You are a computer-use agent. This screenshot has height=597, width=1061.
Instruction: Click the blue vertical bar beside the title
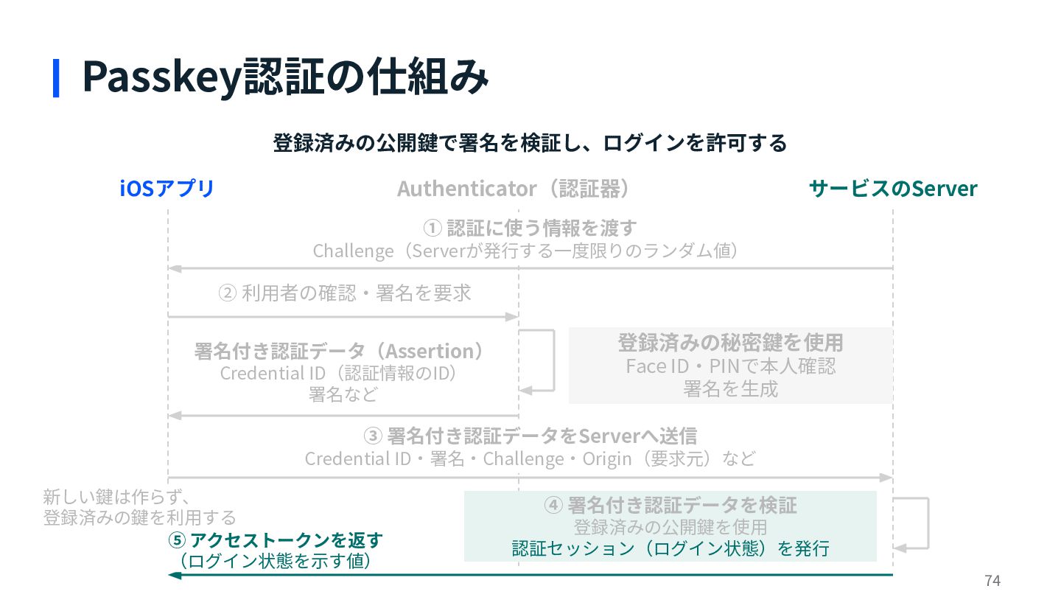(56, 78)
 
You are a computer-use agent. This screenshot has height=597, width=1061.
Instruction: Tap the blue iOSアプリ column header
(167, 189)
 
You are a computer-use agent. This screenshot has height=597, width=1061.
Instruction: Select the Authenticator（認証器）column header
(514, 189)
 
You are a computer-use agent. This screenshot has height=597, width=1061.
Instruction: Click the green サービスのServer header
(893, 189)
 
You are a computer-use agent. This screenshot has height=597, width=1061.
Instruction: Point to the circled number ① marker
(432, 228)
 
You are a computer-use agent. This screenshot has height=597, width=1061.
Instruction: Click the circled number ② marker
(228, 293)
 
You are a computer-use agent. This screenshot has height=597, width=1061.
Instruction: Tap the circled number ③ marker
(373, 436)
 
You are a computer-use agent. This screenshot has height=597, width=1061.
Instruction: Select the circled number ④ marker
(553, 505)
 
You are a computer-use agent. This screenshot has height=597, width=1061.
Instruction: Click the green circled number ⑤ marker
(177, 541)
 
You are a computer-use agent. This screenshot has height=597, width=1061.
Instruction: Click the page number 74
(992, 581)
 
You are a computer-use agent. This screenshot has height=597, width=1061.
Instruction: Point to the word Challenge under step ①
(353, 251)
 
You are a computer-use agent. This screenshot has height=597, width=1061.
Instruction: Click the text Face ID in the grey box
(657, 366)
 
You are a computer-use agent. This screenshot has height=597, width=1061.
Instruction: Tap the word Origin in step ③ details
(607, 459)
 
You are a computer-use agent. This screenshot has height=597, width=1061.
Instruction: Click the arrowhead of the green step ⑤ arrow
(175, 575)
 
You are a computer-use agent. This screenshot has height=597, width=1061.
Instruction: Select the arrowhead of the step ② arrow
(512, 316)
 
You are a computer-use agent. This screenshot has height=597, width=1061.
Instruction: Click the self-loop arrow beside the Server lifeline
(928, 523)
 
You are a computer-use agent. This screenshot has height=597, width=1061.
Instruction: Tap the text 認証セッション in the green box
(573, 548)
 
